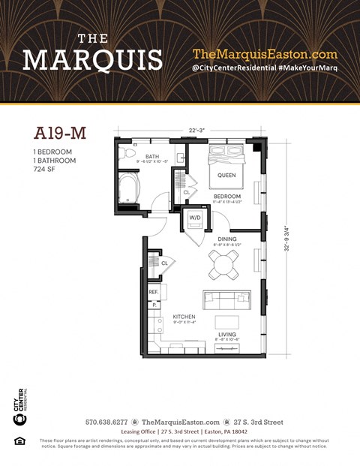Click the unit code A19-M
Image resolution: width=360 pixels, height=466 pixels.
61,134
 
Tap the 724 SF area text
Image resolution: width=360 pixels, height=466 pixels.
46,170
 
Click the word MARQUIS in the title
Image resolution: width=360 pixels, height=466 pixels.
92,60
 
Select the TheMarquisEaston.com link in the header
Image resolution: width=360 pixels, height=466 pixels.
265,54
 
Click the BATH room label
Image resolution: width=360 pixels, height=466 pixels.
151,157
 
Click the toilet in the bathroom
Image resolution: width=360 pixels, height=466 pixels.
124,156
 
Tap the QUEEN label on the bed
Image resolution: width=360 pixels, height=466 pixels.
226,175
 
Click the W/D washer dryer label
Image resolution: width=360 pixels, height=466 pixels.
195,218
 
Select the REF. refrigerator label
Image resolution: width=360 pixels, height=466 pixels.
152,292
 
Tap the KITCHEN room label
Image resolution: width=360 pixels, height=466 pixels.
184,317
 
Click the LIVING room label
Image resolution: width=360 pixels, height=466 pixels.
227,335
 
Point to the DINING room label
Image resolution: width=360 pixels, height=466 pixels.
227,239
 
